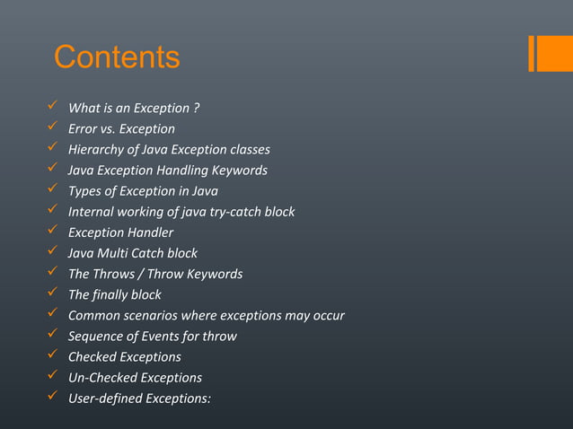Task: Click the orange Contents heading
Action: point(117,57)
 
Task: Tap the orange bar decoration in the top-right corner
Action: point(543,53)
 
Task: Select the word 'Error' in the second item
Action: point(83,129)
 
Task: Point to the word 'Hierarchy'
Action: point(98,150)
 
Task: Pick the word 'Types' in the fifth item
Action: point(85,191)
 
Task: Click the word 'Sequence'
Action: point(96,336)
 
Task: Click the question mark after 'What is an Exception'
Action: point(196,109)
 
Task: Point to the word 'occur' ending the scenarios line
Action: point(327,315)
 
